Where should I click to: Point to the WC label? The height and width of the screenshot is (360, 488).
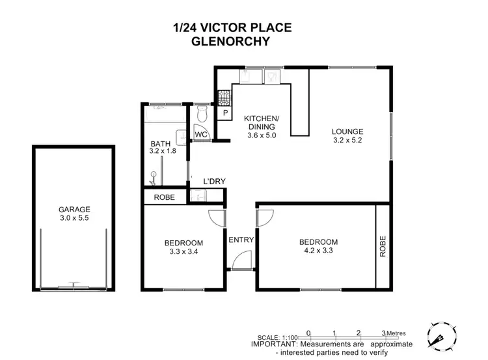(x=201, y=134)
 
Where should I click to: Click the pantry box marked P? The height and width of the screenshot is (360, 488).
(x=224, y=114)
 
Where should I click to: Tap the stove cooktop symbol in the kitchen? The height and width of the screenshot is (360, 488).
(x=224, y=98)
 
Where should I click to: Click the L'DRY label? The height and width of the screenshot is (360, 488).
(x=214, y=181)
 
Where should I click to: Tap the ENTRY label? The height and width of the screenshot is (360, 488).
(x=241, y=240)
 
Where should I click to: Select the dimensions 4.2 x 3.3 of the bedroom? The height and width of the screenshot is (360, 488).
(x=319, y=251)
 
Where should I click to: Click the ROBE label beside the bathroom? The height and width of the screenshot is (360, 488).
(x=163, y=197)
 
